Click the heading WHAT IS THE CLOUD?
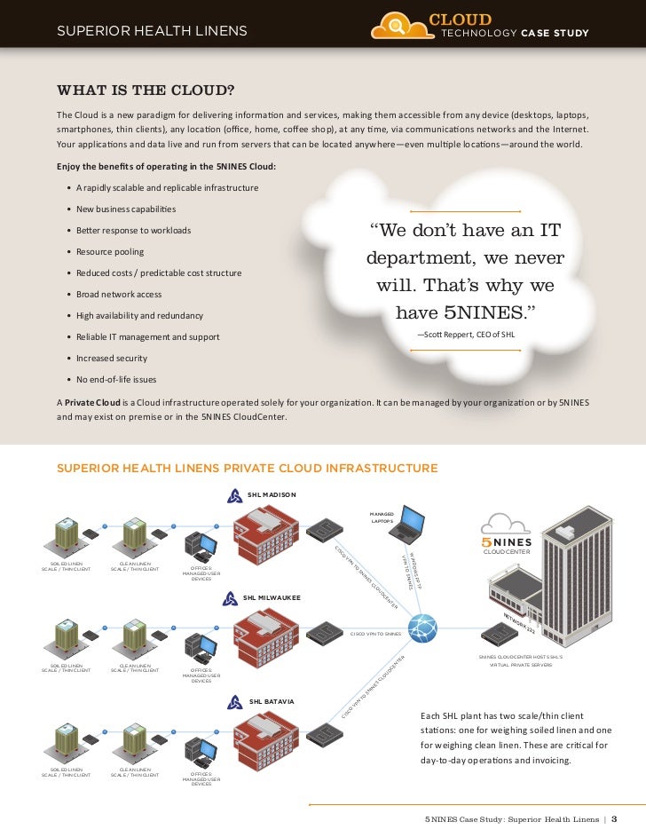(146, 91)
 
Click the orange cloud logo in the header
(397, 26)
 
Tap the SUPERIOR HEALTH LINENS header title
(151, 34)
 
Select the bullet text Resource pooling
(109, 251)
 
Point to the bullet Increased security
(111, 358)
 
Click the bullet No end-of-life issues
(115, 379)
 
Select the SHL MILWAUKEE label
(272, 598)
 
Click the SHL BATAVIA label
(271, 701)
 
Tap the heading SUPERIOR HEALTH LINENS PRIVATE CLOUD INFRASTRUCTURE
(247, 468)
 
